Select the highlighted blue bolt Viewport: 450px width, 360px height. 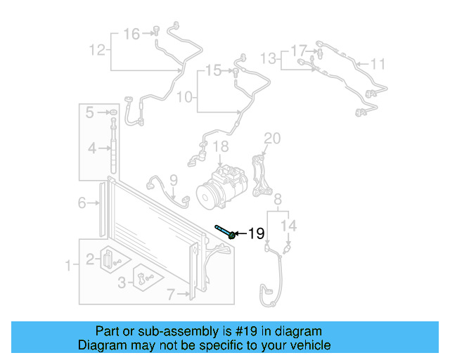pos(225,232)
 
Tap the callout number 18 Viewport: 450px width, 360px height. pos(221,147)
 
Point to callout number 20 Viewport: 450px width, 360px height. pos(272,138)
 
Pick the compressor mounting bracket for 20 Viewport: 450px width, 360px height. pos(264,176)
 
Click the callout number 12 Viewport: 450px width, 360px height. pos(97,49)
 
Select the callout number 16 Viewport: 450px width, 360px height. pos(131,33)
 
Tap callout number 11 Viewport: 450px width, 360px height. pos(378,65)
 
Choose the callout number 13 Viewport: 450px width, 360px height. pos(269,56)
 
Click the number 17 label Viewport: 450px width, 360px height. pos(299,51)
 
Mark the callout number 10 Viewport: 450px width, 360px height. pos(184,96)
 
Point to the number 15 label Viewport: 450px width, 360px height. pos(212,70)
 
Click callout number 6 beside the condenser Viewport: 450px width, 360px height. pos(82,203)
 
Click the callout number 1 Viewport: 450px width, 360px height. pos(68,265)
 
